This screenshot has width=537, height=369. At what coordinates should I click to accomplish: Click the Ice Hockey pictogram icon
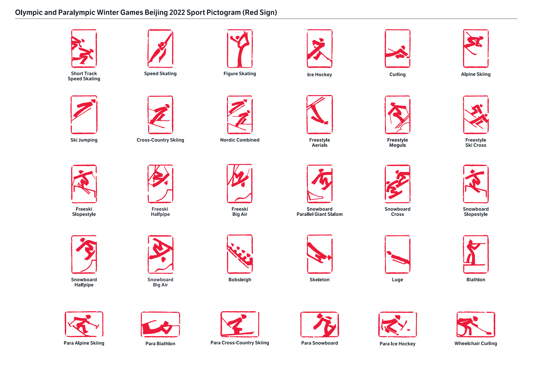click(319, 49)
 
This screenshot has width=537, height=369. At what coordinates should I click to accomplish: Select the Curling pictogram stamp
click(397, 49)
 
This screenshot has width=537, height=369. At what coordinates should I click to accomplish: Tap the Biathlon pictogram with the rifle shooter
click(476, 254)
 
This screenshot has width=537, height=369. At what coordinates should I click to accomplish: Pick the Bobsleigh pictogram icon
click(240, 254)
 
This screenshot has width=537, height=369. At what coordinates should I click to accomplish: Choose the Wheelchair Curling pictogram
click(476, 324)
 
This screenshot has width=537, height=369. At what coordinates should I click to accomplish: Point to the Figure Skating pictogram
click(240, 49)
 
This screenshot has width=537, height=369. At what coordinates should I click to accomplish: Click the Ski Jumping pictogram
click(84, 115)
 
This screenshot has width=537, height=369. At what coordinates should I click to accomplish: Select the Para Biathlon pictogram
click(160, 324)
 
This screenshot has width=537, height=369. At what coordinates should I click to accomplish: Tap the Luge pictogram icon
click(397, 254)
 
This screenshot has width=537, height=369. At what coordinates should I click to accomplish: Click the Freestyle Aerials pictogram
click(319, 115)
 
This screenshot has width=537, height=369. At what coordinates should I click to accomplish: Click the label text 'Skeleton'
click(319, 280)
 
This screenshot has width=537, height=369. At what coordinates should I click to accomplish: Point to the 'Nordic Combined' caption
click(240, 140)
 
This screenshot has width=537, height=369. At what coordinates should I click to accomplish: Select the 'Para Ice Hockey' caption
click(397, 344)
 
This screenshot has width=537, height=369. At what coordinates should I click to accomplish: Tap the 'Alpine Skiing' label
click(476, 74)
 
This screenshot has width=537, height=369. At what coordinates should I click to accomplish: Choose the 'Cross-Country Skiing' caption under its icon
click(160, 140)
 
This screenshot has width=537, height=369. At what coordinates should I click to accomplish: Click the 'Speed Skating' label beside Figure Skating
click(160, 74)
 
